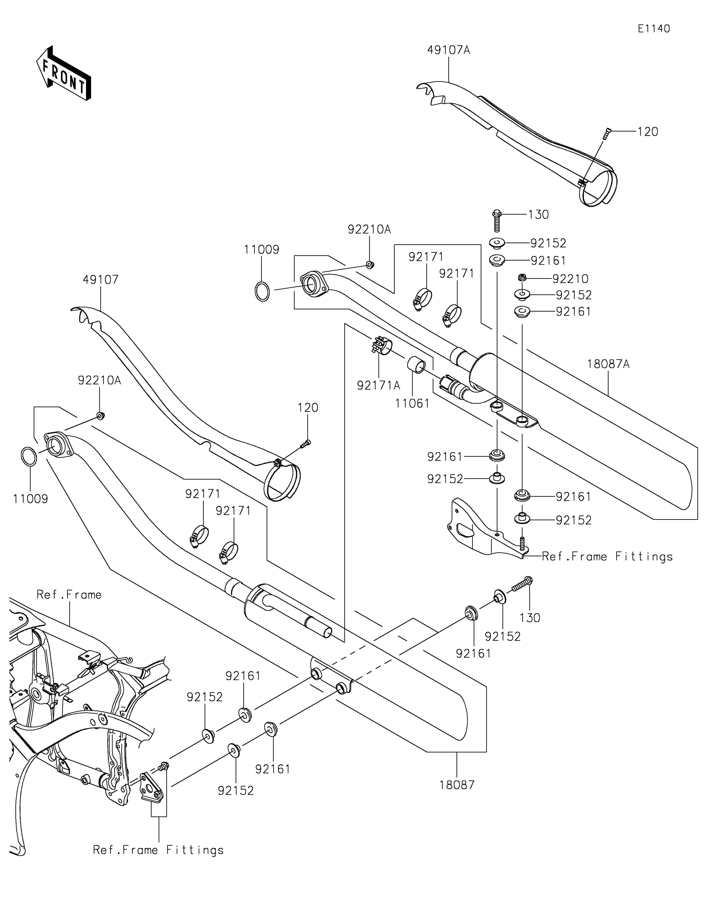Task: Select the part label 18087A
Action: pos(608,364)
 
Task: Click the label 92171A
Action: pos(378,385)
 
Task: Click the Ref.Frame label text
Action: pos(69,594)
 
